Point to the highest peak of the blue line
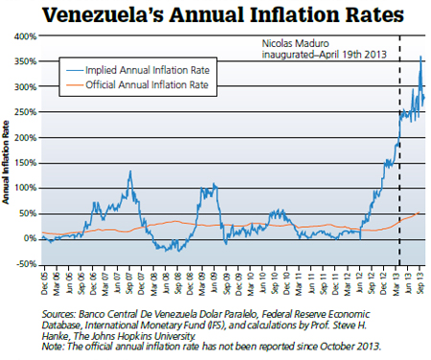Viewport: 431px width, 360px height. click(x=420, y=57)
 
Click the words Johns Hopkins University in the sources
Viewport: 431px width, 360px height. click(x=172, y=335)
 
